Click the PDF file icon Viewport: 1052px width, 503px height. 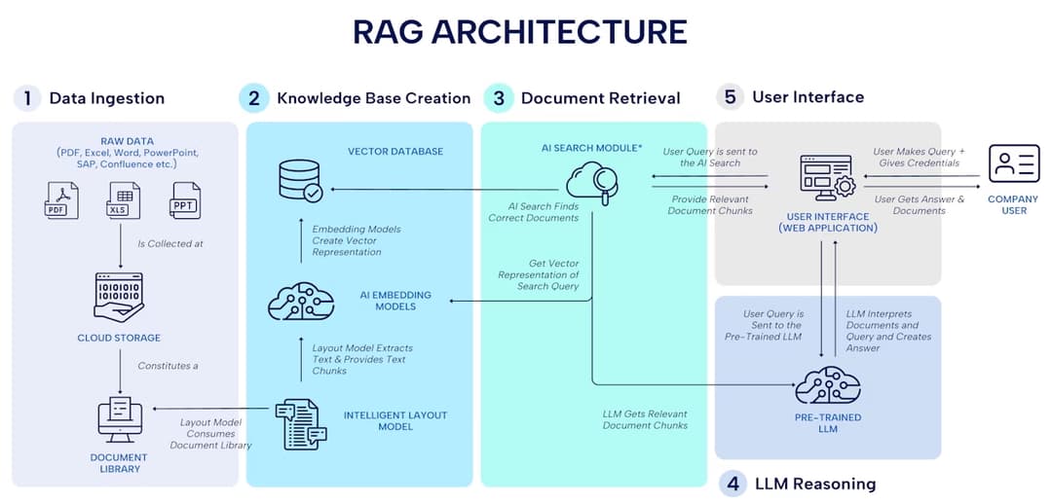(60, 200)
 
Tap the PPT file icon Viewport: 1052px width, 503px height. (184, 200)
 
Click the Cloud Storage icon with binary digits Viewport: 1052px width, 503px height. (119, 297)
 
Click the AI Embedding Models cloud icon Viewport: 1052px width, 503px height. (301, 302)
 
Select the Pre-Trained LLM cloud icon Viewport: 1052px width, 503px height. (827, 385)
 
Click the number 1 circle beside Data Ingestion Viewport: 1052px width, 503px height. (27, 98)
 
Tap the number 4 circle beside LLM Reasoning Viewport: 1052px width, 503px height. (733, 484)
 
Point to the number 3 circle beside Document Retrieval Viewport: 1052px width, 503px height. (499, 98)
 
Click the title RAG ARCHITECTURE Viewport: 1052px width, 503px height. (519, 32)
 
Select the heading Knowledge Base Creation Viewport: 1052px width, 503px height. (373, 98)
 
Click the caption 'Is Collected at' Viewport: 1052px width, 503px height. (169, 243)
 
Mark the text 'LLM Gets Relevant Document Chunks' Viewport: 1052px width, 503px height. (645, 419)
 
